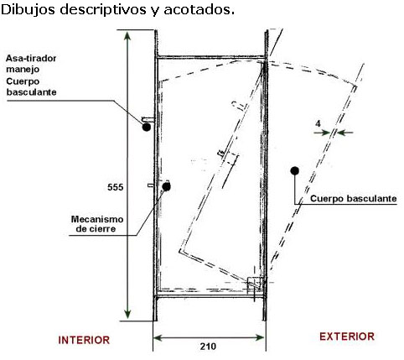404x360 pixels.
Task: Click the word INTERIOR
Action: [x=84, y=340]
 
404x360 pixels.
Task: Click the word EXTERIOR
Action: [x=347, y=337]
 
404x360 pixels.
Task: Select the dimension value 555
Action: [x=116, y=187]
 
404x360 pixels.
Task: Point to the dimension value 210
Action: [x=208, y=347]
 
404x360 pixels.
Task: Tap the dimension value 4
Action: [x=318, y=123]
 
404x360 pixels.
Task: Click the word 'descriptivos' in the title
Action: [x=103, y=10]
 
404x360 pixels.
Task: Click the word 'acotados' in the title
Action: [x=199, y=10]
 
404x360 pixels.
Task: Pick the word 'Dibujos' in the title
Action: [x=28, y=10]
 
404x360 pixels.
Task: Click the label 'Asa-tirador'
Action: [x=31, y=58]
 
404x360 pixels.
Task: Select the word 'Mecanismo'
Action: [x=97, y=219]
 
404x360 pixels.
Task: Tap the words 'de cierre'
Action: [x=96, y=229]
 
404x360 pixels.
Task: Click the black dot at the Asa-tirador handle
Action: [x=146, y=128]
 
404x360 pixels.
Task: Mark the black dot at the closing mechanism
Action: [x=167, y=186]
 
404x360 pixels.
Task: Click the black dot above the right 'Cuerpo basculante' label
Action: [x=295, y=170]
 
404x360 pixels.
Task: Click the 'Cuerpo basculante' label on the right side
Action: [x=354, y=199]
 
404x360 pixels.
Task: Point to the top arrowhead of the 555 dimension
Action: [x=127, y=36]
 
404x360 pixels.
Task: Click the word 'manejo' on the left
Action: [x=23, y=70]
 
